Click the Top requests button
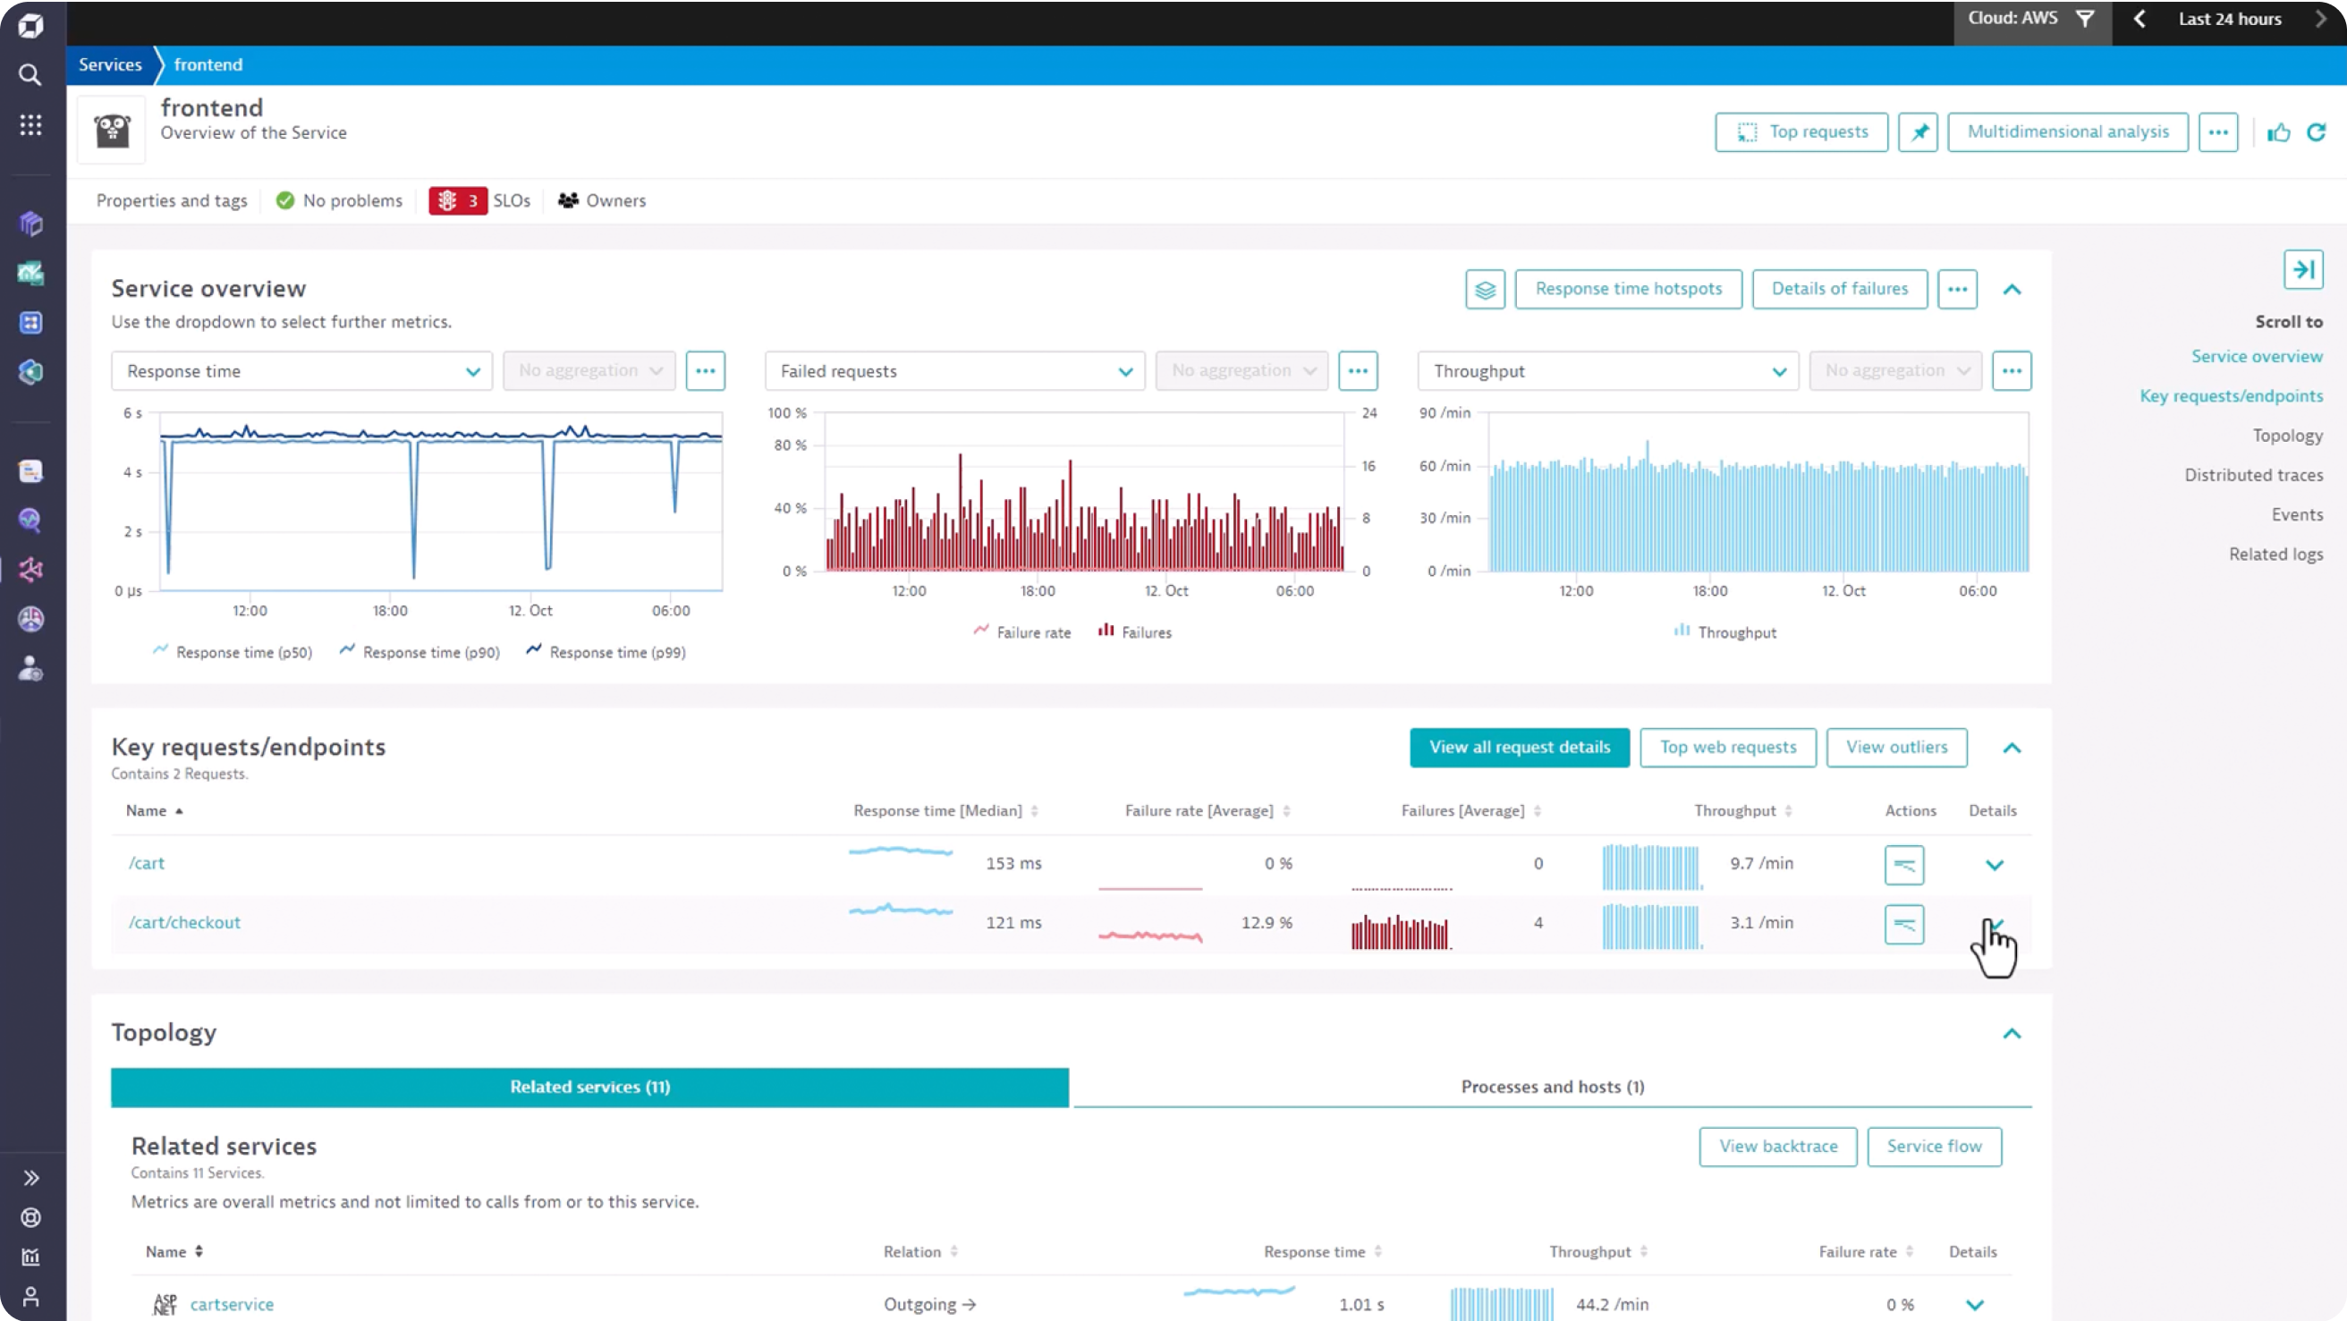(x=1800, y=132)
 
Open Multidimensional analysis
(x=2067, y=132)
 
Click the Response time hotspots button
(x=1627, y=289)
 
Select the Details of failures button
(x=1839, y=289)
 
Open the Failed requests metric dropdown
(x=954, y=371)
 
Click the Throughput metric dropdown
(x=1607, y=371)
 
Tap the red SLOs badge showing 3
(x=458, y=200)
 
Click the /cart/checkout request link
(x=184, y=922)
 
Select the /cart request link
(x=146, y=863)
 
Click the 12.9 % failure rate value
(x=1266, y=922)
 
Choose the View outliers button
(x=1896, y=747)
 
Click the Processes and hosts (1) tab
(x=1552, y=1087)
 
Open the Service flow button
(x=1934, y=1146)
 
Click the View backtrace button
(x=1777, y=1146)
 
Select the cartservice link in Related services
(x=232, y=1304)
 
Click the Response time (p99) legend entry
(x=617, y=652)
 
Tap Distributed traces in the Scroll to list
(x=2252, y=475)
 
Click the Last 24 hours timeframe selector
(x=2229, y=19)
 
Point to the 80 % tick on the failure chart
(x=790, y=445)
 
